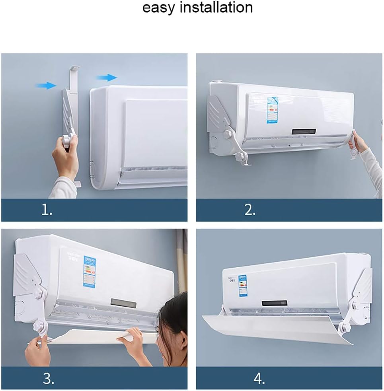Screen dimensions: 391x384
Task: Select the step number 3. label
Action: coord(48,379)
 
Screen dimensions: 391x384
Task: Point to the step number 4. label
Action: coord(259,379)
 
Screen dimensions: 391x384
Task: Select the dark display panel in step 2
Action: coord(304,131)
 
